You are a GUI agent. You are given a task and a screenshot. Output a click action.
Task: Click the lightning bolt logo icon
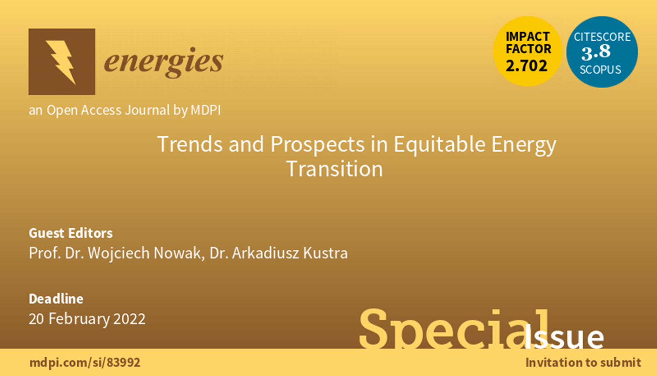coord(62,62)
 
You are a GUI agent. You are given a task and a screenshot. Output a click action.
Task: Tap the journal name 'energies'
coord(164,62)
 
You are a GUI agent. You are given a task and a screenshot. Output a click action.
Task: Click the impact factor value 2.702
coord(526,66)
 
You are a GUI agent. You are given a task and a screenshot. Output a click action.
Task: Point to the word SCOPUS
coord(600,70)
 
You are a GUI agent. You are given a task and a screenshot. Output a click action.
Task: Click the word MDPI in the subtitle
coord(206,110)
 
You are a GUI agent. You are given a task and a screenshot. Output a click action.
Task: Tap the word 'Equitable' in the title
coord(439,144)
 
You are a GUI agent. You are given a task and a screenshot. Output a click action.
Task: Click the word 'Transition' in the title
coord(334,169)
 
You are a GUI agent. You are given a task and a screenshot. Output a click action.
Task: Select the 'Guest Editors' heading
coord(71,234)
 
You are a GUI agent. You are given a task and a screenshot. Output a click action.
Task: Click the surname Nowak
coord(179,253)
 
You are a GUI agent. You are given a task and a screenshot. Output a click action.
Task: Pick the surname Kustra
coord(325,253)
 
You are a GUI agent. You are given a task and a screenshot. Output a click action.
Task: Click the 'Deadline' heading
coord(56,299)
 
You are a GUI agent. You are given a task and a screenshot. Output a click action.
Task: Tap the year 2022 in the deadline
coord(129,319)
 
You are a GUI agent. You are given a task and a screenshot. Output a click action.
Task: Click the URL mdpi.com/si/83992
coord(85,363)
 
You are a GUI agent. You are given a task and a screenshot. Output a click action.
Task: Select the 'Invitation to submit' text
coord(583,362)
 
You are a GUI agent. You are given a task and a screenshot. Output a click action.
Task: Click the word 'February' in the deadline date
coord(79,319)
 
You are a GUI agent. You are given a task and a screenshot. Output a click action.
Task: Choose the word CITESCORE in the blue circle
coord(602,37)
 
